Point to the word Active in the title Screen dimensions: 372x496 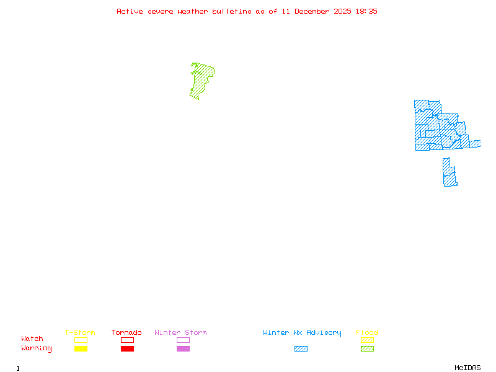(x=129, y=11)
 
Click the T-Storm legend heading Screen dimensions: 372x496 (x=80, y=333)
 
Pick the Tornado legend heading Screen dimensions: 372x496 (x=126, y=333)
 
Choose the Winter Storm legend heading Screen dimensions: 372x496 (x=180, y=333)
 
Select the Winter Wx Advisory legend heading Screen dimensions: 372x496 (x=302, y=333)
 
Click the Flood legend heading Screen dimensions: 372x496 (x=367, y=333)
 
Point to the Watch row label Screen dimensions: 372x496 (x=32, y=339)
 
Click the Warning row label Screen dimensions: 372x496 (x=37, y=348)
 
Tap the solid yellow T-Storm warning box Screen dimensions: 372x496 (x=81, y=349)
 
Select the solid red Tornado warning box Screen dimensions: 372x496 (x=127, y=349)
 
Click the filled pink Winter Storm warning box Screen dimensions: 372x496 (x=183, y=349)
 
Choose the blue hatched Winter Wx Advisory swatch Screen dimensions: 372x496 (x=301, y=349)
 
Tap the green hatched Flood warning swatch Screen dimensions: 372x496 (x=367, y=349)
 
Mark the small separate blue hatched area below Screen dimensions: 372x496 (x=449, y=174)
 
